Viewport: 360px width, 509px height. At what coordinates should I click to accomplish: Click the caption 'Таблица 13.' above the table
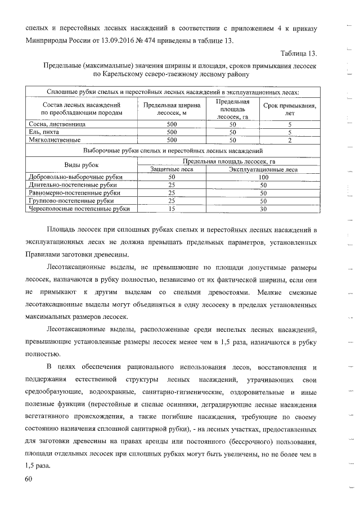point(299,53)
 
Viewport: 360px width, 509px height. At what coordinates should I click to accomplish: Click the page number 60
point(29,478)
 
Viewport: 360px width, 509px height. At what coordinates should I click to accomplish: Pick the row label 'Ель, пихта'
point(44,132)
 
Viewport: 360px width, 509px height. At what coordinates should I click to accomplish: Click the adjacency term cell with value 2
point(289,140)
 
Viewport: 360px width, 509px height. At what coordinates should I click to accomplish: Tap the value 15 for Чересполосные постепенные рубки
point(172,209)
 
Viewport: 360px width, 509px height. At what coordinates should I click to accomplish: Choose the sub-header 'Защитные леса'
point(172,169)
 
